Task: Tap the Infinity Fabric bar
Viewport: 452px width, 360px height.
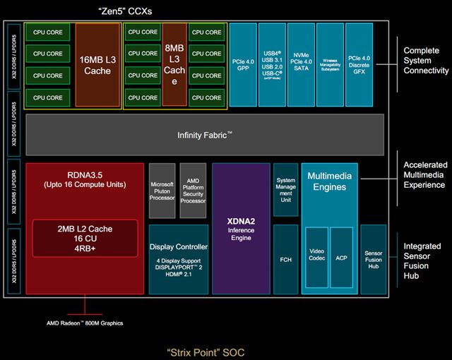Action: (x=205, y=134)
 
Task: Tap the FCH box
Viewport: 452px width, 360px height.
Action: (x=285, y=259)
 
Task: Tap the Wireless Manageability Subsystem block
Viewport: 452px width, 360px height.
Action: (x=329, y=66)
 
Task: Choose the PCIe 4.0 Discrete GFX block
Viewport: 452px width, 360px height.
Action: (x=358, y=66)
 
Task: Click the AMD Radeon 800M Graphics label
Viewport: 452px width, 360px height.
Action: (x=85, y=323)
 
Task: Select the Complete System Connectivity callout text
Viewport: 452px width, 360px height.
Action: (x=426, y=61)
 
